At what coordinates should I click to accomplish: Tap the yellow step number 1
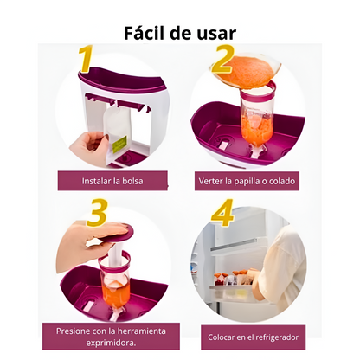(86, 59)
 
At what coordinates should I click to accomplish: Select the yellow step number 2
(222, 59)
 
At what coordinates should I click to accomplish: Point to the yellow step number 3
(97, 212)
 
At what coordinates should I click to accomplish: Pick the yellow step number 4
(222, 213)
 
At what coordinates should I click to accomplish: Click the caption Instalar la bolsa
(112, 181)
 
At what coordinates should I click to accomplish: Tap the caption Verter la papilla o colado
(247, 181)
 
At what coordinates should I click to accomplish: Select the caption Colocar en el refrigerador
(253, 337)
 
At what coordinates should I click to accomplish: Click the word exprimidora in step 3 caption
(111, 344)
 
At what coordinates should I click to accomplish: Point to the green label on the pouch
(119, 143)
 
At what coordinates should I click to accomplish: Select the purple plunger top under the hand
(119, 235)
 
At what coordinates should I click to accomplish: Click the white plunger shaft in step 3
(116, 253)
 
